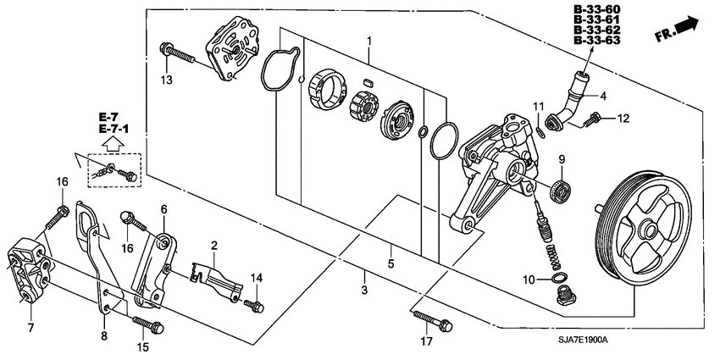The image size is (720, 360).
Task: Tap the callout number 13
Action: [168, 80]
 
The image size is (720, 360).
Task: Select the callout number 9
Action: [560, 158]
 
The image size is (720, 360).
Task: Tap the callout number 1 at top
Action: [369, 41]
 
